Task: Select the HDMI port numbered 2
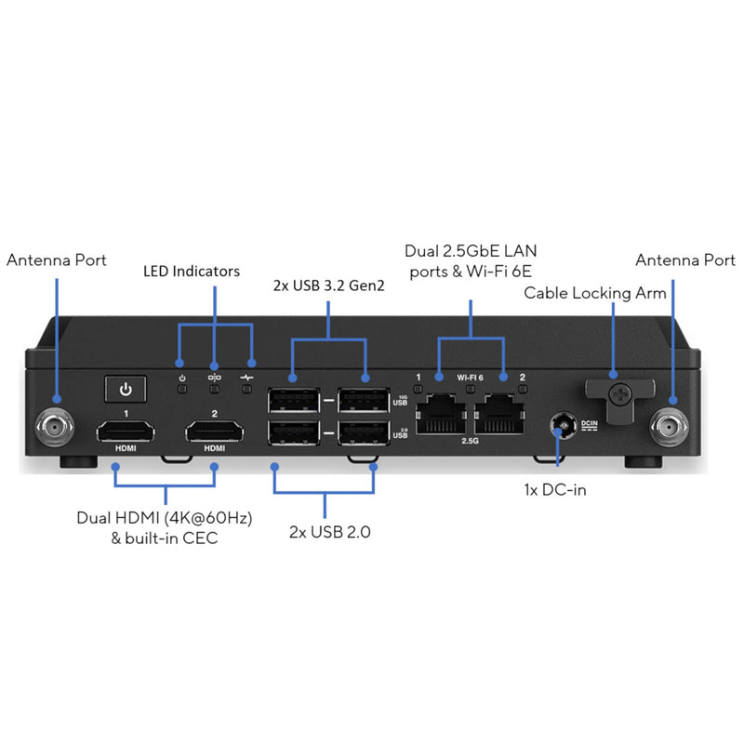point(215,432)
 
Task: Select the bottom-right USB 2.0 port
point(364,436)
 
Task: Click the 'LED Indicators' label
point(192,272)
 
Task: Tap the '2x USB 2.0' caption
point(325,532)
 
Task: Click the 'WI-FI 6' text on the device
point(471,378)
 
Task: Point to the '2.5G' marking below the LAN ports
point(471,443)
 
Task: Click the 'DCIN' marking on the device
point(590,423)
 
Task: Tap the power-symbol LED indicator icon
point(182,378)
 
